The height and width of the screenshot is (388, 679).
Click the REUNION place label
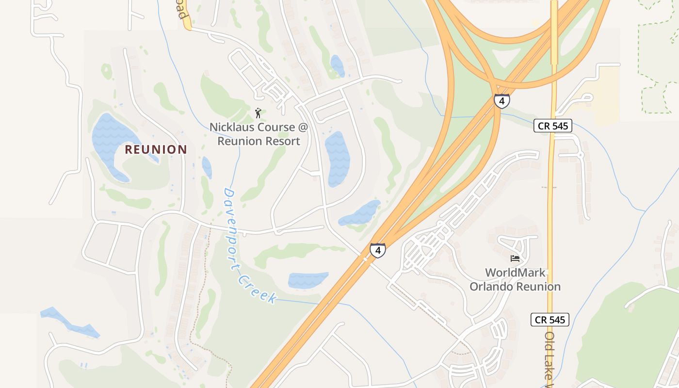click(x=156, y=149)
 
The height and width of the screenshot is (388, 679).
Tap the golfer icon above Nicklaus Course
click(x=258, y=113)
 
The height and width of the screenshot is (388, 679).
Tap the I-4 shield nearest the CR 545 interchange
click(x=501, y=101)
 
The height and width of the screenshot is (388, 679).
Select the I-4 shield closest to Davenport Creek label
click(x=378, y=250)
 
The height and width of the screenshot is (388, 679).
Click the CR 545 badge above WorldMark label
click(x=553, y=126)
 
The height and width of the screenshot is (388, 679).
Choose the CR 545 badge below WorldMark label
click(x=550, y=320)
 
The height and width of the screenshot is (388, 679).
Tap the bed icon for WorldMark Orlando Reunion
click(x=515, y=258)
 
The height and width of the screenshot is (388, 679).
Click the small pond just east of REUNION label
click(x=207, y=167)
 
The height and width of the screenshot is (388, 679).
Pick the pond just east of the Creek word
click(x=307, y=280)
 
